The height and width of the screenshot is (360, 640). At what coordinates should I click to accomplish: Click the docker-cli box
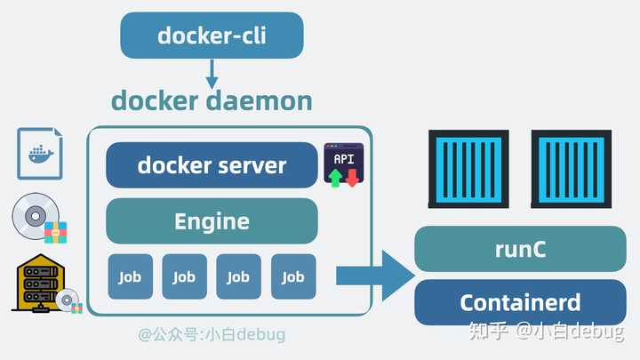tap(212, 36)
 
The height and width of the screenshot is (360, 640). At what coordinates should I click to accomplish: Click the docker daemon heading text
tap(212, 100)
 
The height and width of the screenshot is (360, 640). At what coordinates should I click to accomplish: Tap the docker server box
tap(212, 165)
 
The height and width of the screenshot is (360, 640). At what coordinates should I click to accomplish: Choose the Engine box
tap(212, 220)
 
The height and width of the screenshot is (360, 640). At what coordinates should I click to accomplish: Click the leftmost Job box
tap(130, 276)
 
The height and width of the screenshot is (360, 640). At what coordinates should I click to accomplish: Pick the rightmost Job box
tap(293, 276)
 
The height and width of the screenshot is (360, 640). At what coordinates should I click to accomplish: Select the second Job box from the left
tap(184, 276)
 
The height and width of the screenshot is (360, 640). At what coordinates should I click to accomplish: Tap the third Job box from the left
tap(238, 276)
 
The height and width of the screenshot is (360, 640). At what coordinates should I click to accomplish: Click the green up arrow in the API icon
tap(335, 177)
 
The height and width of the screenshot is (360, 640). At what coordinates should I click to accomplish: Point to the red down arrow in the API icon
tap(352, 177)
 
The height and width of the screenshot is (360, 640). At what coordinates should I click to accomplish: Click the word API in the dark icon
tap(344, 158)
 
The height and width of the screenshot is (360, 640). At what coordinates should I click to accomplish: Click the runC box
tap(520, 249)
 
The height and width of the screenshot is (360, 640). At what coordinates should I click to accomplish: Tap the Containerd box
tap(520, 302)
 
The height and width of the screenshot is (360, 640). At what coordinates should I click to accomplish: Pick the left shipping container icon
tap(468, 169)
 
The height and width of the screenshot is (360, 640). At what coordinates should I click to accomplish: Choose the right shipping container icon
tap(572, 169)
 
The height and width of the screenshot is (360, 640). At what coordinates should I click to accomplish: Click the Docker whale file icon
tap(40, 153)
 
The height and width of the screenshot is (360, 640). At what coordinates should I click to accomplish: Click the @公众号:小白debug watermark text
tap(212, 335)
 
